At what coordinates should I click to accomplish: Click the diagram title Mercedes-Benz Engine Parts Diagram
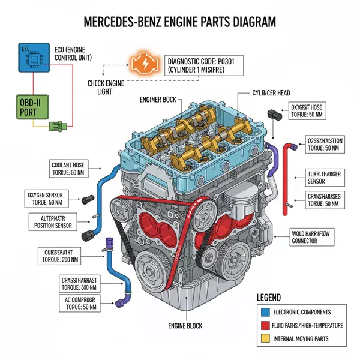(x=180, y=22)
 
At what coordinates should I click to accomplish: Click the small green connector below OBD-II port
(x=56, y=127)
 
